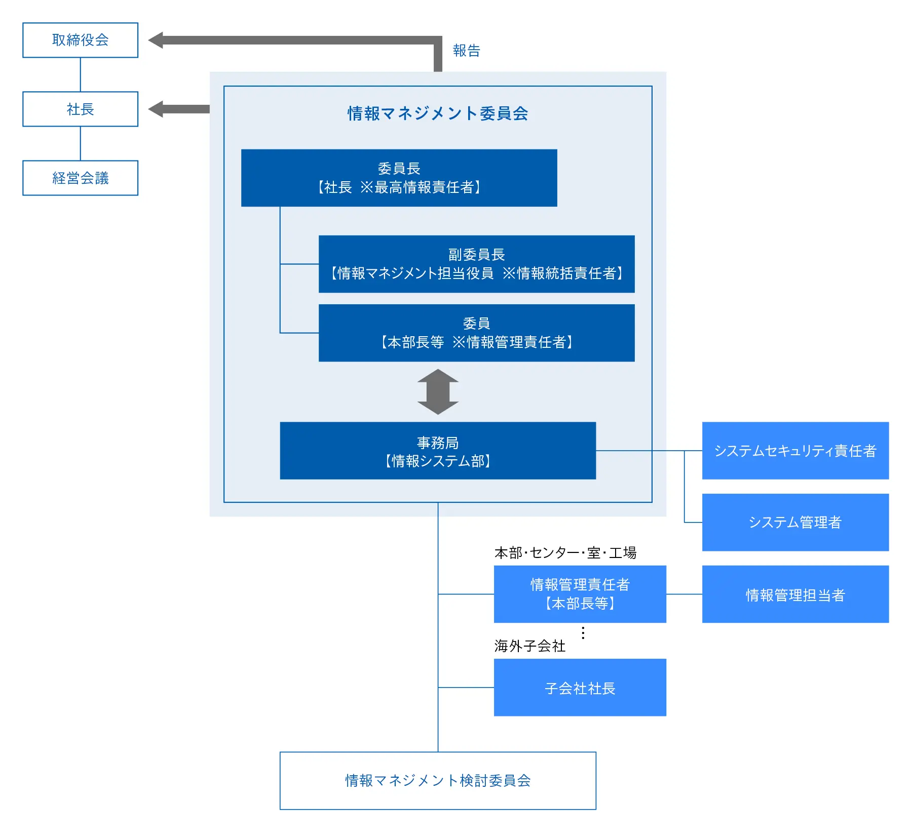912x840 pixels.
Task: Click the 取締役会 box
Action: pyautogui.click(x=80, y=40)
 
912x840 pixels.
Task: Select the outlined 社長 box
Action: pyautogui.click(x=80, y=109)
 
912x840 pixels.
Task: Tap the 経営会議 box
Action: pyautogui.click(x=80, y=178)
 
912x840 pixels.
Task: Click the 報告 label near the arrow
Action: pyautogui.click(x=466, y=51)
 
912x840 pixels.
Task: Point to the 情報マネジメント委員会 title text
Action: pyautogui.click(x=438, y=113)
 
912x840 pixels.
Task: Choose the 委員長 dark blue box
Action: pyautogui.click(x=399, y=178)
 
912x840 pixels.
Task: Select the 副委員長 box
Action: pyautogui.click(x=476, y=264)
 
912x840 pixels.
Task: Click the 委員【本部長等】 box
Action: pyautogui.click(x=476, y=333)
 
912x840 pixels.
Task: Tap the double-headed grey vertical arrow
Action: pyautogui.click(x=438, y=392)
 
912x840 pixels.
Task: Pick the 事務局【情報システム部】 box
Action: pyautogui.click(x=438, y=451)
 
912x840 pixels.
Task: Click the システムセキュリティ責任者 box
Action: pyautogui.click(x=795, y=451)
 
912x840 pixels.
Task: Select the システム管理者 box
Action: pyautogui.click(x=795, y=522)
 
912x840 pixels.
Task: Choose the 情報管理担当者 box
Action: pyautogui.click(x=795, y=594)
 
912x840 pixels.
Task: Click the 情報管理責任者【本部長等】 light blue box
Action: pyautogui.click(x=580, y=594)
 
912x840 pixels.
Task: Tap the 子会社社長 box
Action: pyautogui.click(x=580, y=688)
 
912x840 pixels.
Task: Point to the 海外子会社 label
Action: pyautogui.click(x=529, y=646)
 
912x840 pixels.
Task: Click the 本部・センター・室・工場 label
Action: pyautogui.click(x=565, y=552)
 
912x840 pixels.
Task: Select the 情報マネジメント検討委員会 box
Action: pyautogui.click(x=438, y=780)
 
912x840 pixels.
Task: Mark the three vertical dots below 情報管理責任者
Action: pyautogui.click(x=583, y=632)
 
